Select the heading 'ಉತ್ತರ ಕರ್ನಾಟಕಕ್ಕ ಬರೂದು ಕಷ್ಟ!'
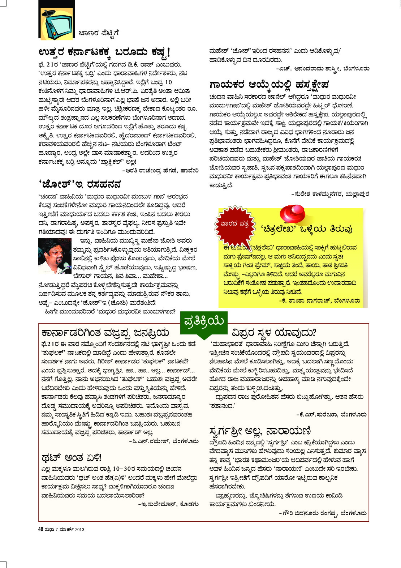(x=104, y=52)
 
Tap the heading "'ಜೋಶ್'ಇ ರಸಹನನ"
(x=79, y=184)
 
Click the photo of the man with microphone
(x=55, y=256)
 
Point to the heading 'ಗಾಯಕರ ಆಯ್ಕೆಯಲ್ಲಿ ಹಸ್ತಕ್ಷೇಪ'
(x=269, y=85)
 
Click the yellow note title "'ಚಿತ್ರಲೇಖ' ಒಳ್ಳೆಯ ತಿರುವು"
(x=306, y=229)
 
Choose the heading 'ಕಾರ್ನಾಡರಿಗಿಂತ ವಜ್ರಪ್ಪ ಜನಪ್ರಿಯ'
(x=105, y=332)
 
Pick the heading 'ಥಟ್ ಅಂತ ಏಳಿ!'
(x=72, y=458)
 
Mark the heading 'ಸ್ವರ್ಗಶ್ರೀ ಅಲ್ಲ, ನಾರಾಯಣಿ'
(x=260, y=431)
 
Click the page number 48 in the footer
(x=41, y=529)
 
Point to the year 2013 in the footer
(x=79, y=530)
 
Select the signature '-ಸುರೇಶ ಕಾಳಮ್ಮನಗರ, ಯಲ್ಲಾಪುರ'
(x=330, y=194)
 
